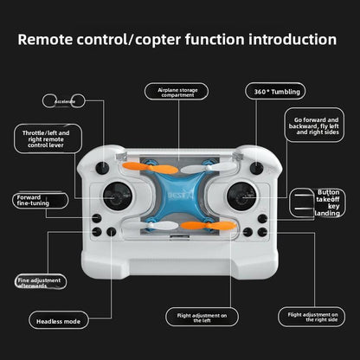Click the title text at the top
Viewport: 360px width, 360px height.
(x=177, y=40)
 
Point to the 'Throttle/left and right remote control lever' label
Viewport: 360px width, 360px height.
(x=52, y=139)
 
